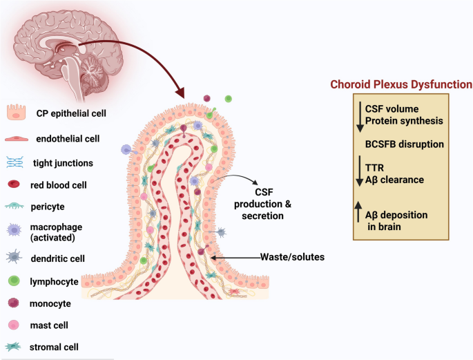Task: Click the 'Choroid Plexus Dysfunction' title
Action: tap(401, 85)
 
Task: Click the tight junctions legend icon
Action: tap(15, 162)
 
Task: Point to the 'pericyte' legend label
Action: tap(48, 207)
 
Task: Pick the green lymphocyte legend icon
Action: tap(14, 281)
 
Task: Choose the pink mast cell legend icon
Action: tap(14, 325)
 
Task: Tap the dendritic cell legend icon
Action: tap(15, 257)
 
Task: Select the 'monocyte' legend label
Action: tap(50, 303)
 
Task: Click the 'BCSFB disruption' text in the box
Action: tap(404, 144)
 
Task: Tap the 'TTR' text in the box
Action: tap(375, 168)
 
